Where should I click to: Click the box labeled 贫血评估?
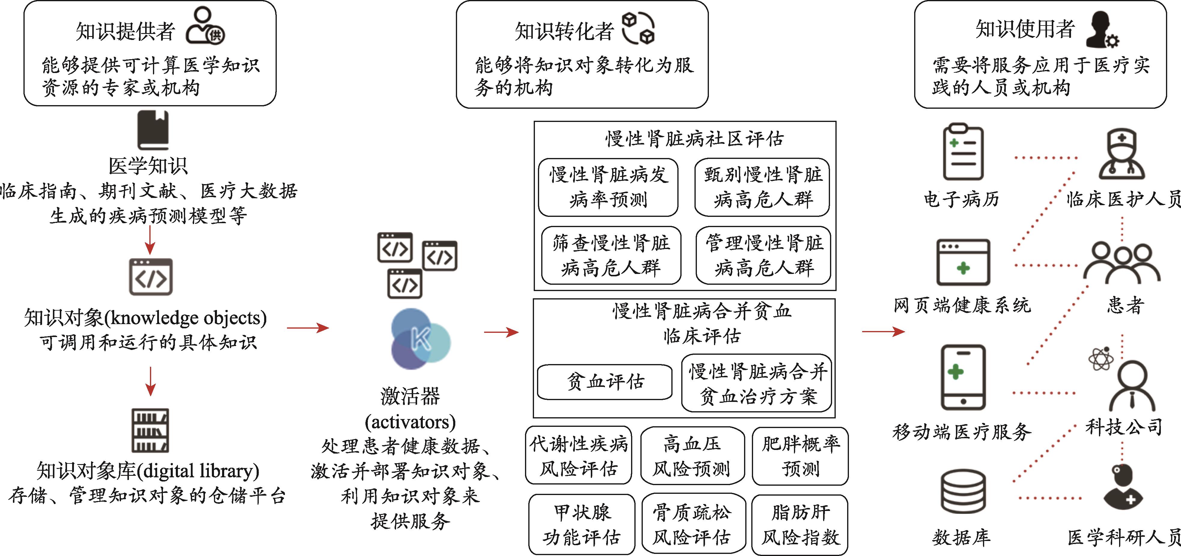click(x=604, y=382)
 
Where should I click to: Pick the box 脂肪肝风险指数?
click(x=800, y=524)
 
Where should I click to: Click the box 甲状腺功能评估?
click(x=581, y=524)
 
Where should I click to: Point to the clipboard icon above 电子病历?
click(x=963, y=152)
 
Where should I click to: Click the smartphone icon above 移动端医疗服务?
click(x=963, y=377)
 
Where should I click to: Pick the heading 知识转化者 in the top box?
click(x=564, y=31)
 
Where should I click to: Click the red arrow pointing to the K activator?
click(x=308, y=328)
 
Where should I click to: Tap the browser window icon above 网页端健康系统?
click(x=963, y=262)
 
